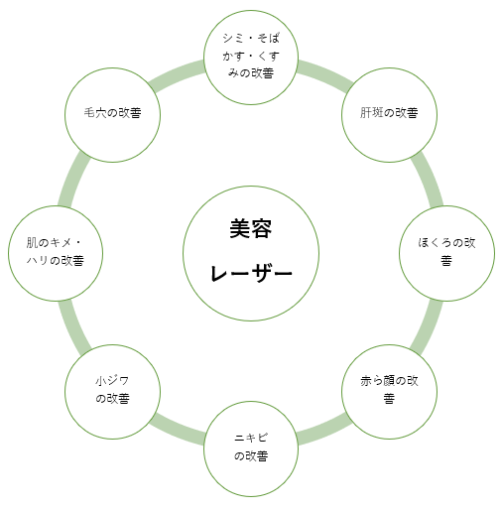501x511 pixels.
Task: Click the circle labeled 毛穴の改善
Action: [x=112, y=115]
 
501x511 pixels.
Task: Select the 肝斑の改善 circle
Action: [x=389, y=115]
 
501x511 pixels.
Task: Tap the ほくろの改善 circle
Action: [x=446, y=253]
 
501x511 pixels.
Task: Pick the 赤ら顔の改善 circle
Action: [x=389, y=392]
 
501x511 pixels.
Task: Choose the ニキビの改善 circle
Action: [x=251, y=448]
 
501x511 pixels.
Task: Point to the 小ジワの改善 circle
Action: [x=112, y=392]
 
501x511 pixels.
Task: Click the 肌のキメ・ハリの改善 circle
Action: [x=56, y=253]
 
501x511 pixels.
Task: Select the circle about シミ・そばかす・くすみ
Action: [x=251, y=58]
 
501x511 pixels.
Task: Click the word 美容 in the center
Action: [x=251, y=228]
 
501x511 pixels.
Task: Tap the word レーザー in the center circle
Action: [x=251, y=273]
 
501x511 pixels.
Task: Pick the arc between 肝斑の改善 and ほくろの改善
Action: [x=429, y=179]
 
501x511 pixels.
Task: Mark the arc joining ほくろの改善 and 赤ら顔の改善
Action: [x=429, y=328]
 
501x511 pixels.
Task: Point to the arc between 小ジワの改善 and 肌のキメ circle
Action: [x=73, y=328]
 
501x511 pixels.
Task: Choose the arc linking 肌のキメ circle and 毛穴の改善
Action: [x=73, y=179]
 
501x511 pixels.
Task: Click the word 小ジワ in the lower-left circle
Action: [x=112, y=381]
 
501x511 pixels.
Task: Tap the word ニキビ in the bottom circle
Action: [x=251, y=438]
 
